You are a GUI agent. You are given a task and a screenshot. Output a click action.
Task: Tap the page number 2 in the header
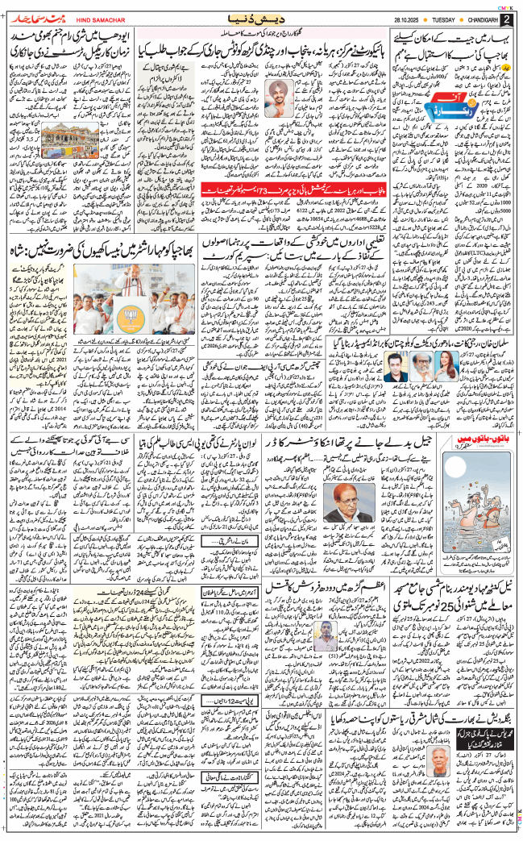tap(507, 18)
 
